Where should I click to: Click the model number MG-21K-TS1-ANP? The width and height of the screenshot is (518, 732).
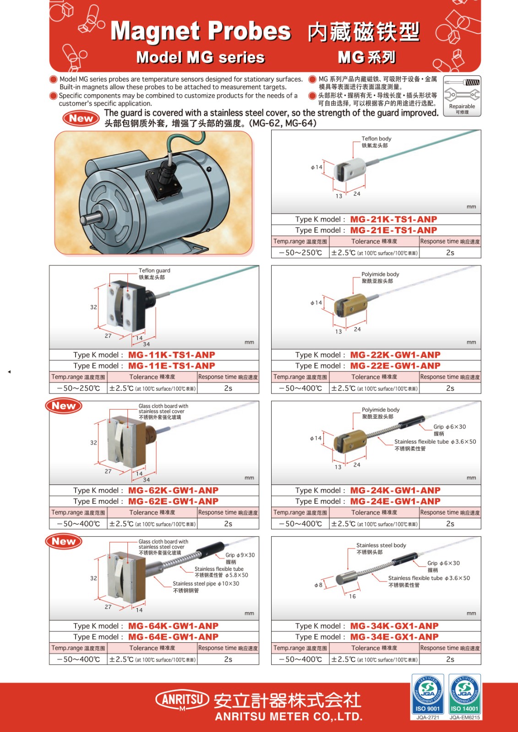coord(393,219)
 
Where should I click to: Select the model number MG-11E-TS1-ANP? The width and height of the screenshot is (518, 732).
coord(171,366)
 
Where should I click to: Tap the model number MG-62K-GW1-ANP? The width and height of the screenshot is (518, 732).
coord(173,490)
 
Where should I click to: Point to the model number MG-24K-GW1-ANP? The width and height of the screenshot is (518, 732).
coord(395,490)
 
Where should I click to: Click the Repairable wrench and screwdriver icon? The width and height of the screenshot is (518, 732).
coord(462,96)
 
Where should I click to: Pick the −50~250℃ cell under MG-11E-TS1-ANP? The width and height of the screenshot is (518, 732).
coord(78,388)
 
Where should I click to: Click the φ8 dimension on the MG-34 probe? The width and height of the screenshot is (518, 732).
coord(318,585)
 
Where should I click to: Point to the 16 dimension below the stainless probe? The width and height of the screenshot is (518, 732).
coord(352,596)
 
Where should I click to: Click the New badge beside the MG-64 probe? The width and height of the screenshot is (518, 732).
coord(64,541)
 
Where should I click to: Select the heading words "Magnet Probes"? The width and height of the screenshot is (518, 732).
coord(201,31)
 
